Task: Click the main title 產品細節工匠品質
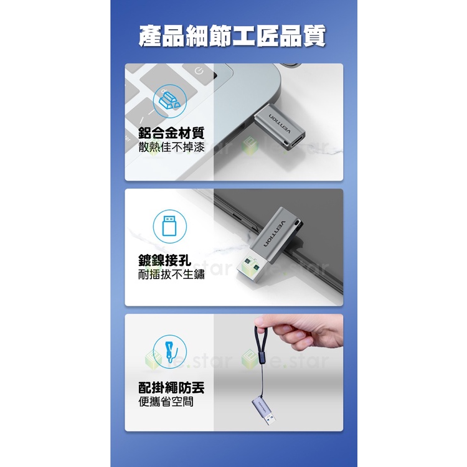click(232, 36)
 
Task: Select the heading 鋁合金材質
click(171, 133)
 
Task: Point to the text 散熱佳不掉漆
click(171, 147)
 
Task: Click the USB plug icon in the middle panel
click(169, 227)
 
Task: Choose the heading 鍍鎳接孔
click(164, 260)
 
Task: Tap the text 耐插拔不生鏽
click(171, 275)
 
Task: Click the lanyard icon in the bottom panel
click(170, 351)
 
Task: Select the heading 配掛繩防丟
click(171, 387)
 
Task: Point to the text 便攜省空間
click(166, 402)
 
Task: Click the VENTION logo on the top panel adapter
click(280, 124)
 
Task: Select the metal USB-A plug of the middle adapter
click(253, 268)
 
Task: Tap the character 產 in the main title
click(151, 36)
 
